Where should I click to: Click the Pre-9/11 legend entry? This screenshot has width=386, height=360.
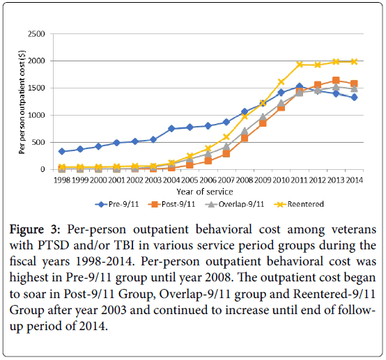click(x=117, y=204)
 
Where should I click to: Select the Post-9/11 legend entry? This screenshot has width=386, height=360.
click(x=171, y=204)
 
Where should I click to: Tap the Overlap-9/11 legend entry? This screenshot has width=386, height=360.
click(x=234, y=204)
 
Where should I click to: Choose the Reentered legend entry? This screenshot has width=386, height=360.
click(x=299, y=204)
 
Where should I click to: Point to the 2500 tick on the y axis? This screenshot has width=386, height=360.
click(x=36, y=34)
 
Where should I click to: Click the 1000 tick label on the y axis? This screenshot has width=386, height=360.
click(x=36, y=115)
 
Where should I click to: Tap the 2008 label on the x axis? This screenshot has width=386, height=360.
click(x=245, y=180)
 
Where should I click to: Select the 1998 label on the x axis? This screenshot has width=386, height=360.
click(x=62, y=180)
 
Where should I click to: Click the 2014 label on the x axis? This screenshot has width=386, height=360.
click(x=355, y=180)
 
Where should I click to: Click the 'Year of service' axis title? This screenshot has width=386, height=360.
click(x=205, y=191)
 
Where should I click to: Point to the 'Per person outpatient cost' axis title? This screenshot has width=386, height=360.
click(x=22, y=102)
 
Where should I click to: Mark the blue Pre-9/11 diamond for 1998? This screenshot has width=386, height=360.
click(x=62, y=151)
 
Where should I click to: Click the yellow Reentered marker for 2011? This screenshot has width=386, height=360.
click(x=300, y=65)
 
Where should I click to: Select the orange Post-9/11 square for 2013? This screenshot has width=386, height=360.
click(x=336, y=81)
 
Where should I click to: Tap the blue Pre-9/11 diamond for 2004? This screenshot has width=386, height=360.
click(x=171, y=129)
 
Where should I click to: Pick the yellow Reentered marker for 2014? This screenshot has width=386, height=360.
click(x=354, y=61)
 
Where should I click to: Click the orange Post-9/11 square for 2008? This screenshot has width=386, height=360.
click(x=245, y=138)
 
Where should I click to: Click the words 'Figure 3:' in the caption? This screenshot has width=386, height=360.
click(x=35, y=230)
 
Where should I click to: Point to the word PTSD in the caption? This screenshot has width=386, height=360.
click(x=53, y=245)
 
